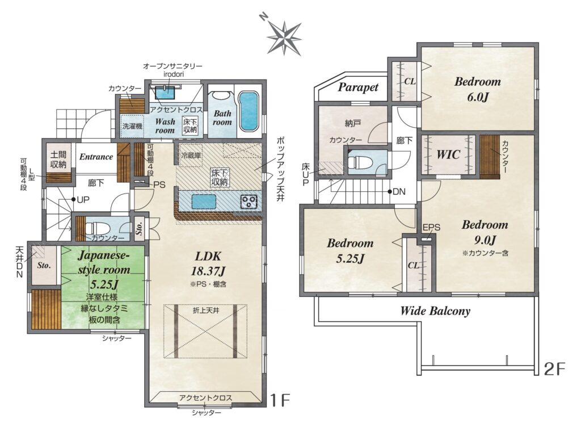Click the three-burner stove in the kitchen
pyautogui.click(x=249, y=202)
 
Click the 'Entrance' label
pyautogui.click(x=96, y=157)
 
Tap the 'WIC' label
pyautogui.click(x=448, y=154)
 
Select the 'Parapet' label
pyautogui.click(x=358, y=87)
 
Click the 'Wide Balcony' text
pyautogui.click(x=435, y=311)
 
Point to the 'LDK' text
pyautogui.click(x=208, y=256)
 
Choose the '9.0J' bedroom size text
pyautogui.click(x=485, y=240)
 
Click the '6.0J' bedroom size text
pyautogui.click(x=478, y=97)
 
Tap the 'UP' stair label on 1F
pyautogui.click(x=83, y=199)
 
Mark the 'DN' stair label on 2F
pyautogui.click(x=399, y=192)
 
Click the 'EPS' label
pyautogui.click(x=431, y=227)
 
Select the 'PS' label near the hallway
pyautogui.click(x=159, y=184)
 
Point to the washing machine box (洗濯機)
pyautogui.click(x=132, y=126)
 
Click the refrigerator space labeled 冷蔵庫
pyautogui.click(x=191, y=156)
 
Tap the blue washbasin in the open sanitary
pyautogui.click(x=166, y=93)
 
